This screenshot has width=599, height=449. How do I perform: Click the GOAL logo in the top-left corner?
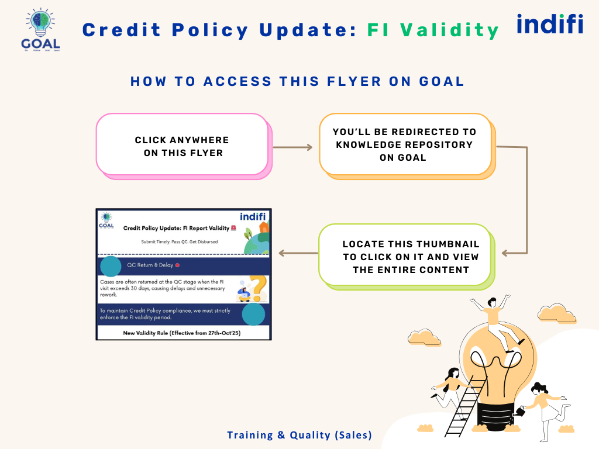point(40,30)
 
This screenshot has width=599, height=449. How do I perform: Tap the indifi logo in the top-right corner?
point(550,25)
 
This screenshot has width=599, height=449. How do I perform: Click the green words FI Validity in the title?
point(433,30)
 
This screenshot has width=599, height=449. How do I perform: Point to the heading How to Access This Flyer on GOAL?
point(297,81)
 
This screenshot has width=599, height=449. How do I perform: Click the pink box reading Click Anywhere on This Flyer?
point(182,146)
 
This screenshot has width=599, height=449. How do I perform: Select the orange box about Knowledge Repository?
point(405,145)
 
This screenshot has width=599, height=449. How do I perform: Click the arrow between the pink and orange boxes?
point(293,147)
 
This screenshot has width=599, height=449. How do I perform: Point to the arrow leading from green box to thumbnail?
point(298,253)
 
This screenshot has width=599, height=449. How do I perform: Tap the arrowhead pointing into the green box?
point(505,253)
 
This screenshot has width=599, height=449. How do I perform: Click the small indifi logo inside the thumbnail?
point(253,216)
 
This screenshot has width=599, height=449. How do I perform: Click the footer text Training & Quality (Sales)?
point(299,435)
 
